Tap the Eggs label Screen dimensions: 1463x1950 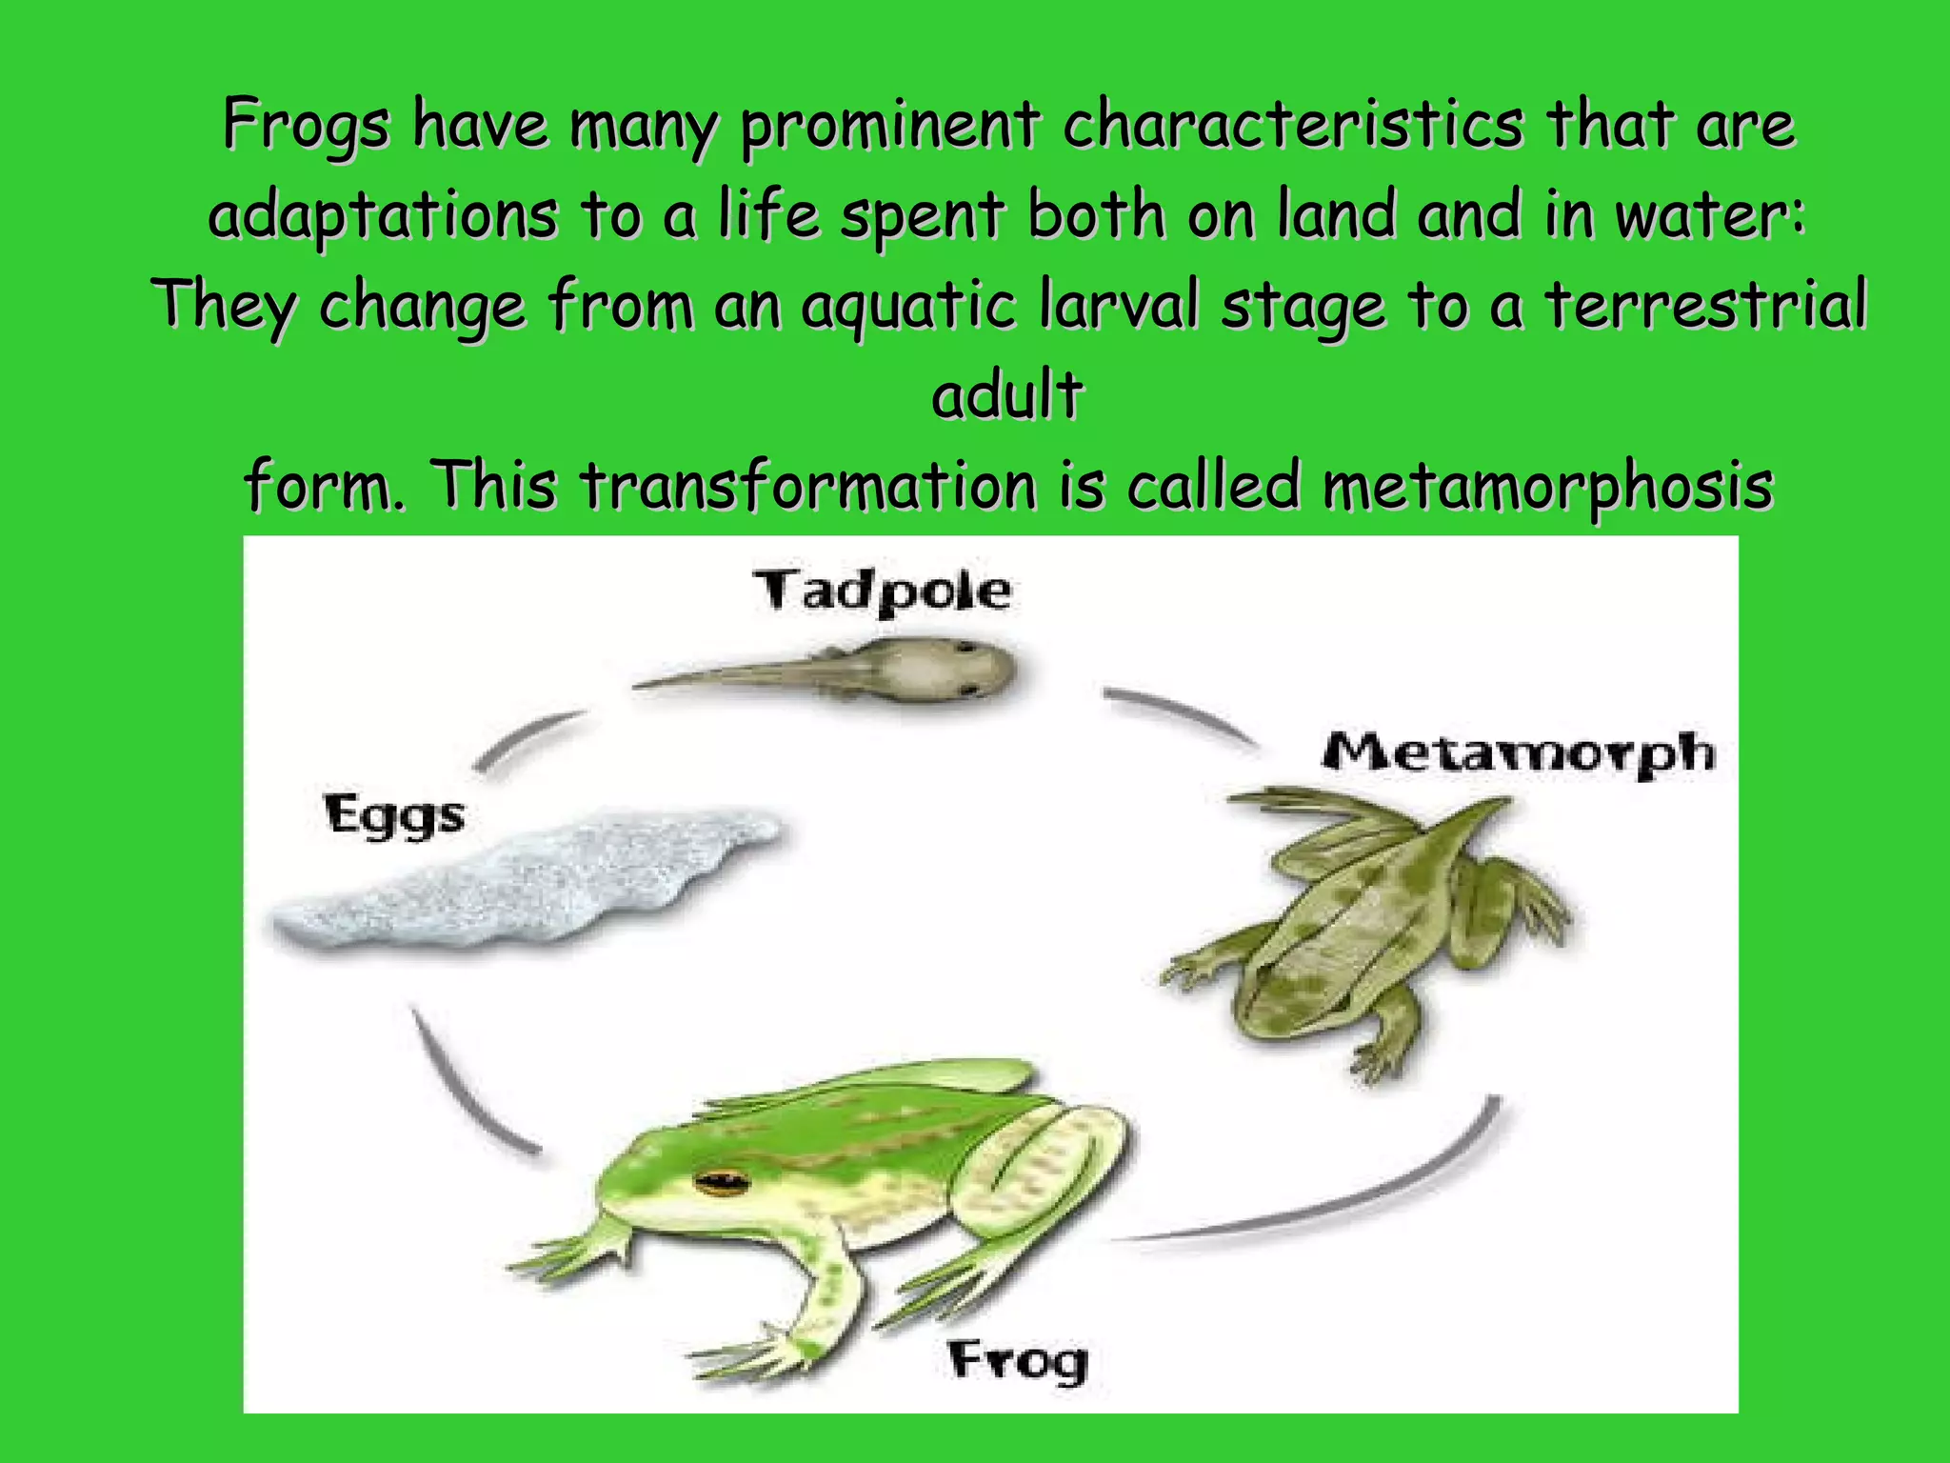click(x=394, y=815)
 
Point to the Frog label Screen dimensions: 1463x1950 click(x=1018, y=1360)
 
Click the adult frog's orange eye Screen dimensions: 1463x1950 click(x=721, y=1183)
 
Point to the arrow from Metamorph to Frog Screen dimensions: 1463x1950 click(x=1333, y=1200)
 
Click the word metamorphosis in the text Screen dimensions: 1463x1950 click(x=1547, y=486)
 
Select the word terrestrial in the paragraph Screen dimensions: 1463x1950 click(x=1704, y=305)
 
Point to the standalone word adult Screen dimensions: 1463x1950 click(x=1007, y=394)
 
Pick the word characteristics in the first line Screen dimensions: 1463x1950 click(x=1292, y=124)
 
